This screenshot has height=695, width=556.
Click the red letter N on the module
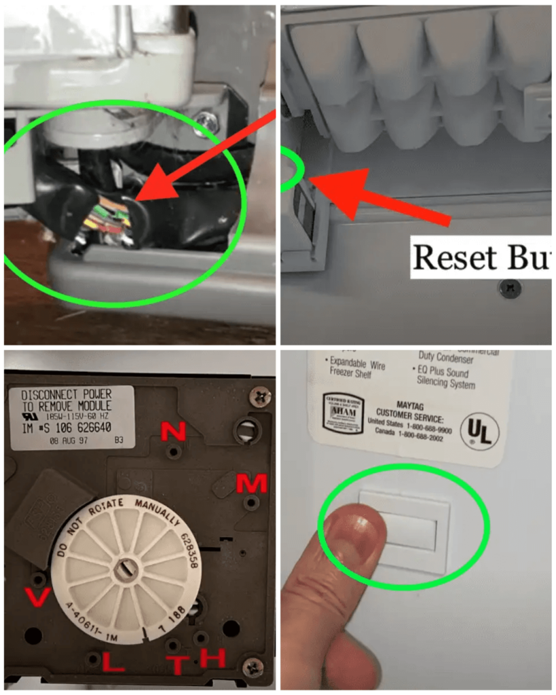(172, 430)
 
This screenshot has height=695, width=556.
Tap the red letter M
(251, 482)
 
